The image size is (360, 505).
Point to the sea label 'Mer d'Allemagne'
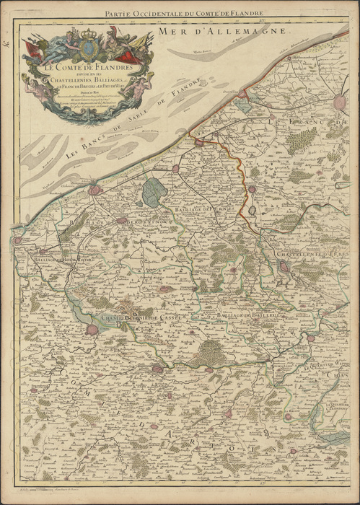[239, 32]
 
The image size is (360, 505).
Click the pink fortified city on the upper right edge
[340, 103]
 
